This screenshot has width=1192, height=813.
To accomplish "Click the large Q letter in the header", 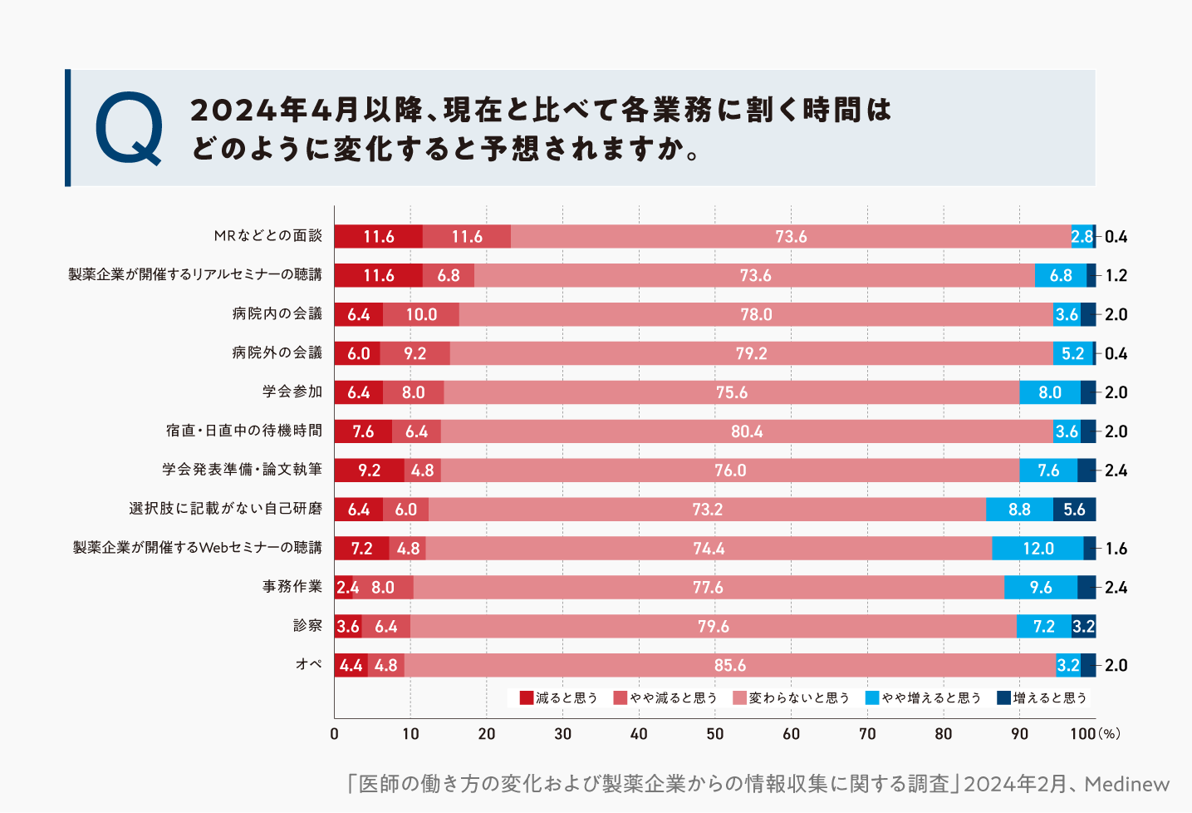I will click(129, 129).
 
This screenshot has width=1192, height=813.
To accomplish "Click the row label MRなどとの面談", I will click(267, 236).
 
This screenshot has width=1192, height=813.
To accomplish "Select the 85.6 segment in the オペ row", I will click(729, 665).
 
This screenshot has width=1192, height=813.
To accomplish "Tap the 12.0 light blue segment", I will click(1037, 549).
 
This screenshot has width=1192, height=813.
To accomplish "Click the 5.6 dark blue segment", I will click(1074, 510).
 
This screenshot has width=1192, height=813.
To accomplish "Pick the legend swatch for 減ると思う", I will click(526, 697).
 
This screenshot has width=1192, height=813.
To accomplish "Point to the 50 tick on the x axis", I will click(715, 734).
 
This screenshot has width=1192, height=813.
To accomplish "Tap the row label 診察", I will click(307, 626).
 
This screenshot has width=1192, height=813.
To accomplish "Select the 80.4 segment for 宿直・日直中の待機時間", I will click(746, 431).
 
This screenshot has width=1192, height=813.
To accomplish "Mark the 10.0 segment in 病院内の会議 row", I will click(421, 314).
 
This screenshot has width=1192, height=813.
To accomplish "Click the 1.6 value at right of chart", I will click(1116, 549).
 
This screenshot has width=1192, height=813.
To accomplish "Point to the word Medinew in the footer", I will click(1126, 784).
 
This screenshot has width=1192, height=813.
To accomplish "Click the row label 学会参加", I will click(292, 392).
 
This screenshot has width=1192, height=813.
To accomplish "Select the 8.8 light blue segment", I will click(1019, 510).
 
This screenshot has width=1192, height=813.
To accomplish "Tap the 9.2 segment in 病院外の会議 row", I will click(415, 353).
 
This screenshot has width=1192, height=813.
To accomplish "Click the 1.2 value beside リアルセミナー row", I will click(1116, 275).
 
